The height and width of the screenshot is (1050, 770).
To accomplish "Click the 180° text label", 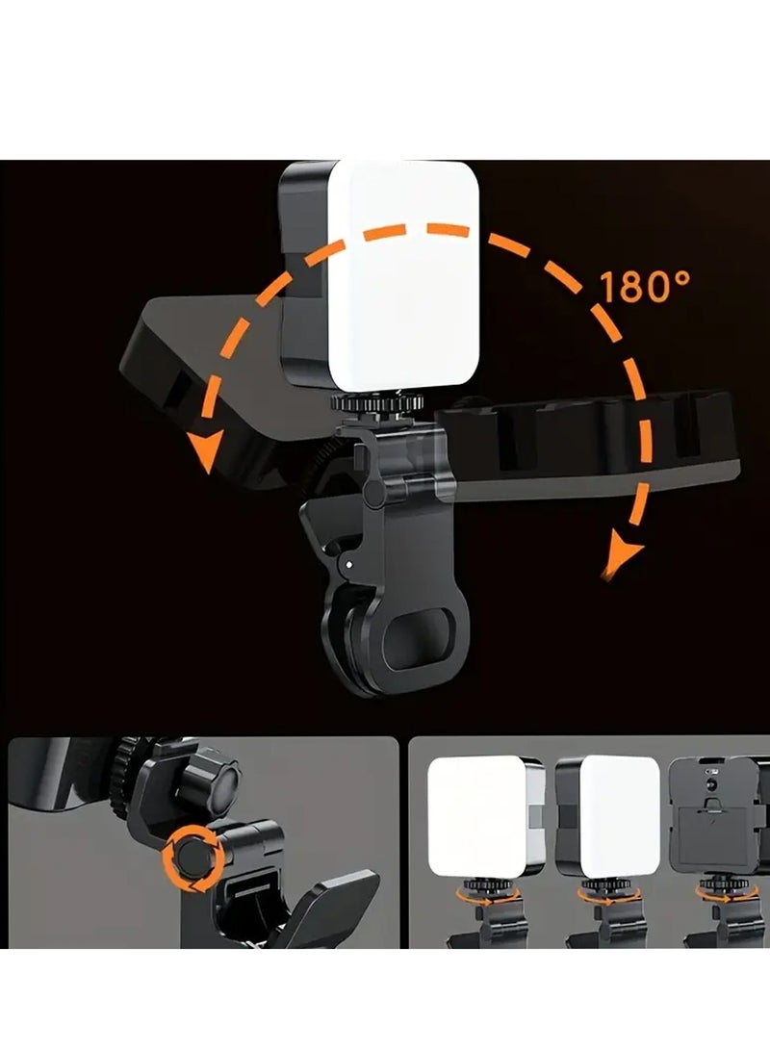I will pos(645,287).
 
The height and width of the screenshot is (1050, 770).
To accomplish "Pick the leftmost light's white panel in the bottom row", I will pos(475,816).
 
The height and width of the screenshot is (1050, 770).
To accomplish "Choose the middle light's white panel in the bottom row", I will pos(618,816).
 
